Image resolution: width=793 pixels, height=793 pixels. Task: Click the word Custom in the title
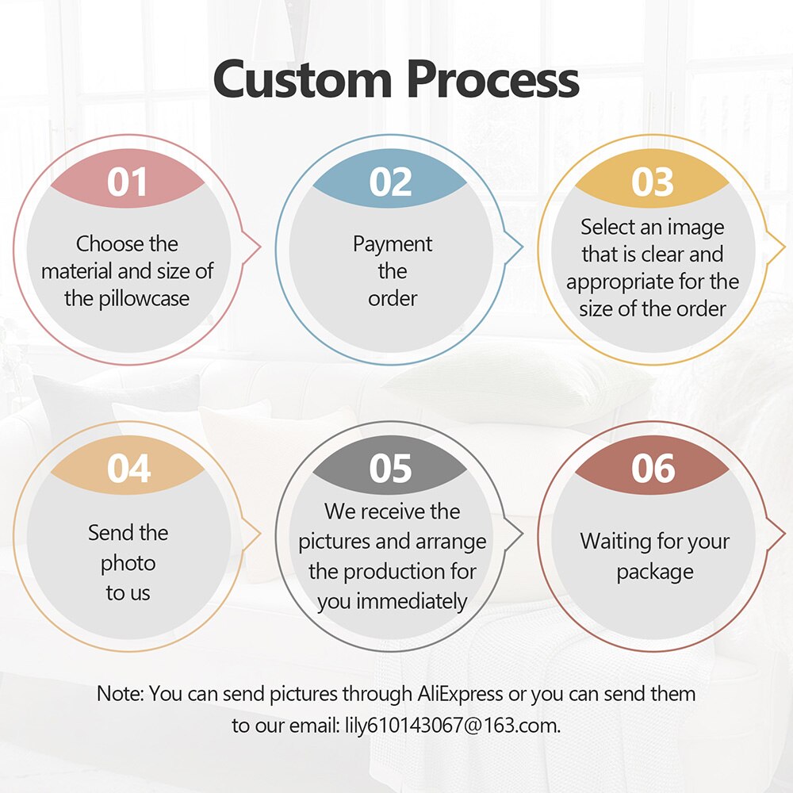click(303, 79)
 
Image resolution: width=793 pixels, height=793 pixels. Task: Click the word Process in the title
click(493, 79)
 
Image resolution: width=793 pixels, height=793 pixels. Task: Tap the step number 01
click(127, 182)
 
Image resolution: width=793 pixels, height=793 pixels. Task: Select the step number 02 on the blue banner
click(390, 182)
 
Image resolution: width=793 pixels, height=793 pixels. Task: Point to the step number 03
click(653, 182)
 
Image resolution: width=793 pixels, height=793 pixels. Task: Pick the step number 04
click(128, 469)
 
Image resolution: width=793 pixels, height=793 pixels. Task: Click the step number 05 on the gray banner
click(390, 469)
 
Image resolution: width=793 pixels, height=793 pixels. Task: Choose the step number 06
click(653, 469)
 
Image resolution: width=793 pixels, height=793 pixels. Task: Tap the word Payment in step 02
click(393, 244)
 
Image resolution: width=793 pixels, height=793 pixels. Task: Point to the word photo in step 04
click(128, 564)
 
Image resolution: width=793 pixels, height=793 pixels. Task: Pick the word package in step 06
click(655, 573)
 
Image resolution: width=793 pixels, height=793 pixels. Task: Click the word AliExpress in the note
click(460, 693)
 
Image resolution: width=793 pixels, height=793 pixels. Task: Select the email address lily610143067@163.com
click(453, 726)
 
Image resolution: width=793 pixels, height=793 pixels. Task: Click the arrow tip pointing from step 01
click(260, 247)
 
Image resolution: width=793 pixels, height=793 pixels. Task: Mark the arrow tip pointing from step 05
click(523, 534)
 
